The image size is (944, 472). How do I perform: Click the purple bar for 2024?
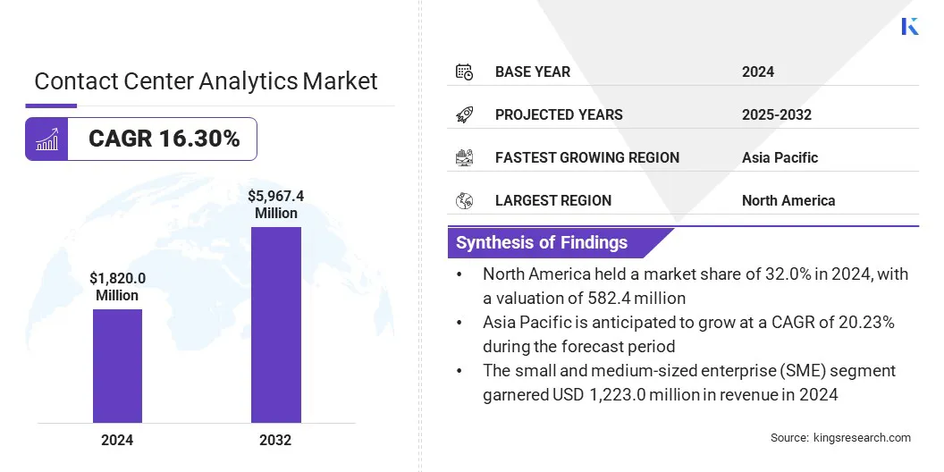coord(117,366)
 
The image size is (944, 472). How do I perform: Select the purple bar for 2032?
coord(275,324)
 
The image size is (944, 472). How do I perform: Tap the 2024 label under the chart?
coord(117,440)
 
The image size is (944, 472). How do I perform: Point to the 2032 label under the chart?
coord(275,440)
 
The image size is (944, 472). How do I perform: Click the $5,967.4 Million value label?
coord(275,204)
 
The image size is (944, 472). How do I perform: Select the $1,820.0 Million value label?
coord(117,287)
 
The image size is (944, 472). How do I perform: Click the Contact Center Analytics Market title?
coord(206,81)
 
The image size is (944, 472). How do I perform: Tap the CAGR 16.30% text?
coord(164,139)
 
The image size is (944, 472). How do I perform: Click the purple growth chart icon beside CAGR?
coord(46,139)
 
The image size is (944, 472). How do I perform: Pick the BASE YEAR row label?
coord(532,72)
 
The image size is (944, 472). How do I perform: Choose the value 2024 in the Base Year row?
coord(757,72)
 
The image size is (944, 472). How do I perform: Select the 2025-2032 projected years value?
coord(776,114)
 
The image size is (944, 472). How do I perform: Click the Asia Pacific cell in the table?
coord(780,157)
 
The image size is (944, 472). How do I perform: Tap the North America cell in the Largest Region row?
coord(788,200)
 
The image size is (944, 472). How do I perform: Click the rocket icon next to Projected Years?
coord(464,114)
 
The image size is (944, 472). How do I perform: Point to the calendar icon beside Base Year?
coord(464,72)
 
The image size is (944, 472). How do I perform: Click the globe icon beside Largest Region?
coord(464,200)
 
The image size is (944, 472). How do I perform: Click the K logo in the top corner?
coord(909,26)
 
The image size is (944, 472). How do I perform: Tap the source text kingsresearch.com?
coord(840,437)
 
